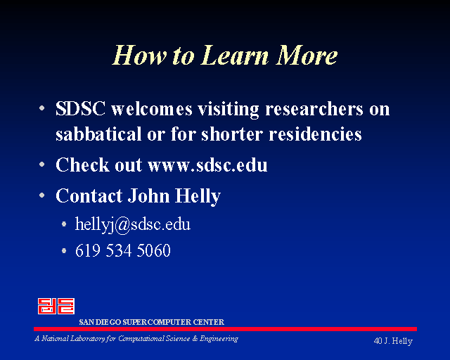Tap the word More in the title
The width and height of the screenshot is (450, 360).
click(x=307, y=55)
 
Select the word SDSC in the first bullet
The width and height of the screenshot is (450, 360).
click(x=80, y=109)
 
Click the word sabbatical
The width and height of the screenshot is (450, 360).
click(x=98, y=134)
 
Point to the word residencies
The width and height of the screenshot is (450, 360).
click(x=315, y=134)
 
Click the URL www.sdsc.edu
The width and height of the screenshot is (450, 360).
click(x=207, y=165)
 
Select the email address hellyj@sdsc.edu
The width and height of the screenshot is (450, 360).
click(x=133, y=224)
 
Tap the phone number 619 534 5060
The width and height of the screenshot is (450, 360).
click(x=123, y=250)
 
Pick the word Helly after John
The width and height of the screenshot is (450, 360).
click(x=198, y=197)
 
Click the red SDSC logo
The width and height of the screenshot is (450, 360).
click(x=56, y=306)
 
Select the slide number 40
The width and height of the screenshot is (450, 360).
click(x=378, y=341)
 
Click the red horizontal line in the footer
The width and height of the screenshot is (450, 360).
click(x=225, y=329)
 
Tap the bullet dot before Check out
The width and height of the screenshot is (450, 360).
click(x=42, y=165)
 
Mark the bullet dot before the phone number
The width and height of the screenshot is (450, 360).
click(x=64, y=251)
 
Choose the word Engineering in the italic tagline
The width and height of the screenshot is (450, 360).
click(x=219, y=339)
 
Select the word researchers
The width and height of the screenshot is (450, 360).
click(x=314, y=109)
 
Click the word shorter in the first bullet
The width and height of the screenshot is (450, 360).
click(x=232, y=134)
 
